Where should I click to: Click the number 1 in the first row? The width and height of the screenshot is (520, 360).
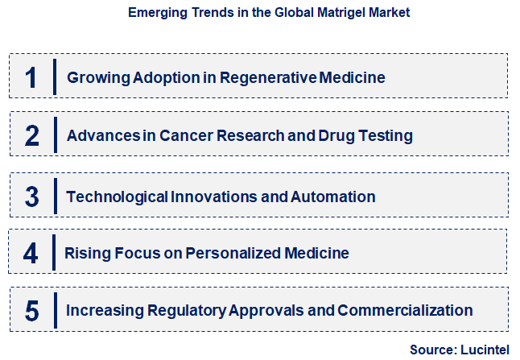(x=31, y=77)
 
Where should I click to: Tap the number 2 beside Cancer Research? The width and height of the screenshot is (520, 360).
(x=31, y=135)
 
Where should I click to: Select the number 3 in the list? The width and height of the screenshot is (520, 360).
(x=31, y=197)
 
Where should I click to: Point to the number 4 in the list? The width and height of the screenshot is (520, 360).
(x=31, y=253)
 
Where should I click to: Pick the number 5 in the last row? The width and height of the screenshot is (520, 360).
(x=31, y=310)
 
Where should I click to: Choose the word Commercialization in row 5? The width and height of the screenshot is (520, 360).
(x=405, y=310)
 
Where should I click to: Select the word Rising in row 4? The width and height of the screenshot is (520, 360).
(x=85, y=253)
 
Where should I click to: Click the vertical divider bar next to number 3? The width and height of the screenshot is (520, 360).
(x=54, y=195)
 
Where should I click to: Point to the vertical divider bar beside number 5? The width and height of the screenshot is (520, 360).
(x=54, y=309)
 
